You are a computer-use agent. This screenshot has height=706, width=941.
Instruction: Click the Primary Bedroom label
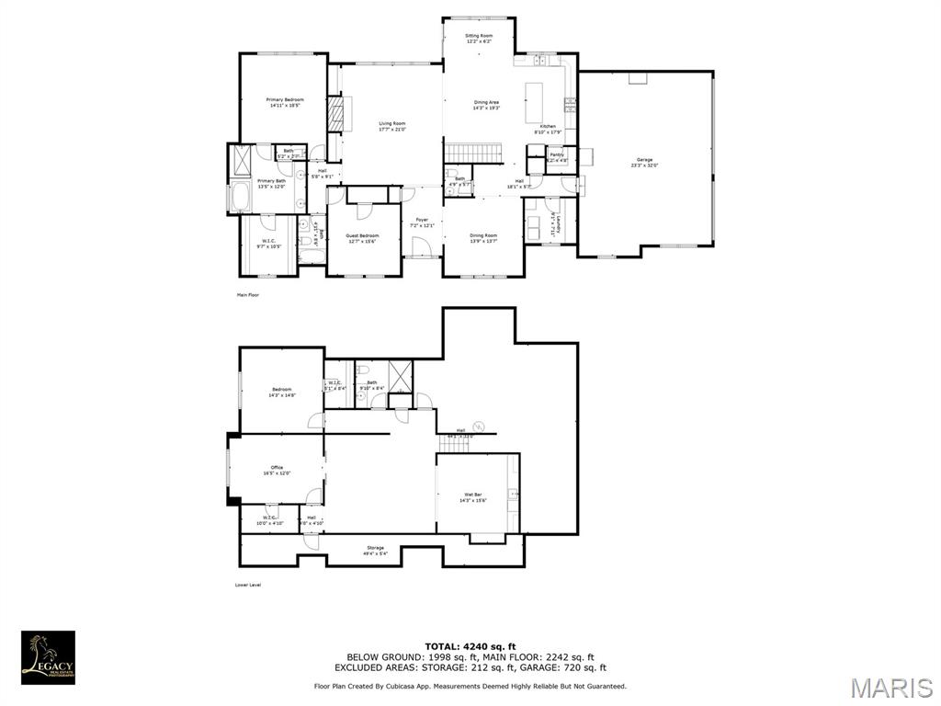(285, 102)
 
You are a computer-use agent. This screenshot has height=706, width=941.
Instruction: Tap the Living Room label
(392, 126)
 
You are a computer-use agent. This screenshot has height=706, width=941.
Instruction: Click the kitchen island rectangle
(535, 102)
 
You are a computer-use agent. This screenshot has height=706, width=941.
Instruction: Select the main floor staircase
(473, 153)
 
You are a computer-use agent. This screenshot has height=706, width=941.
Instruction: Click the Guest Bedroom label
(362, 238)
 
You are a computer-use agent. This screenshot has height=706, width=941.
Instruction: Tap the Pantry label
(557, 156)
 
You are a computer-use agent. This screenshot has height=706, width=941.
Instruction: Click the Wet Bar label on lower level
(473, 497)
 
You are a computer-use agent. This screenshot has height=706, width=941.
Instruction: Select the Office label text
(277, 470)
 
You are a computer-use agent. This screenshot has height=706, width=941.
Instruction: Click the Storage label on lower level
(376, 551)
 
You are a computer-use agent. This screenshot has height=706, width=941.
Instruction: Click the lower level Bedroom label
(281, 392)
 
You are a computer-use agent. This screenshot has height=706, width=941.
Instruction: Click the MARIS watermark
(890, 686)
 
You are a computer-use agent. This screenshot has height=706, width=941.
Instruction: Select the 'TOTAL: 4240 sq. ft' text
(470, 646)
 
